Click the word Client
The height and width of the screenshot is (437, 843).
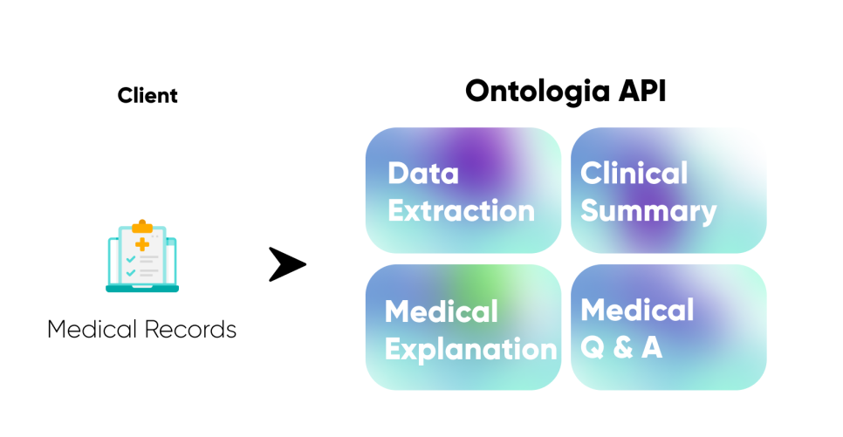pos(147,95)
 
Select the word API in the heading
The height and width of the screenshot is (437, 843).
pos(641,91)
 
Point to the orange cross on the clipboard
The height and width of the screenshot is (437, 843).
pos(142,243)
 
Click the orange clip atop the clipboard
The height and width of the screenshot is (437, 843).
pos(142,227)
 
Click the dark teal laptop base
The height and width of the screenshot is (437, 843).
pos(142,288)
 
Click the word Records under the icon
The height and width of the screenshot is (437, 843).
pos(190,330)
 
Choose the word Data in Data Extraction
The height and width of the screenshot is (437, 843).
pos(423,173)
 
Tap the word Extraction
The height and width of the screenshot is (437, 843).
pos(462,210)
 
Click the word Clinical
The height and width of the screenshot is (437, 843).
pos(634,173)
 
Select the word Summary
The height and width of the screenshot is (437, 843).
pos(649,211)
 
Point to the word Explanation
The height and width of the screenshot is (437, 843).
pos(471,349)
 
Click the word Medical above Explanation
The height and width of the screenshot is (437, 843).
pos(442,311)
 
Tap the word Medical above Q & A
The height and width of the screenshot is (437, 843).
pos(638,310)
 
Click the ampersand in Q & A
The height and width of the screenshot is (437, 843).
pos(622,347)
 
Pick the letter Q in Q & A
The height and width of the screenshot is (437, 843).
pos(593,347)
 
